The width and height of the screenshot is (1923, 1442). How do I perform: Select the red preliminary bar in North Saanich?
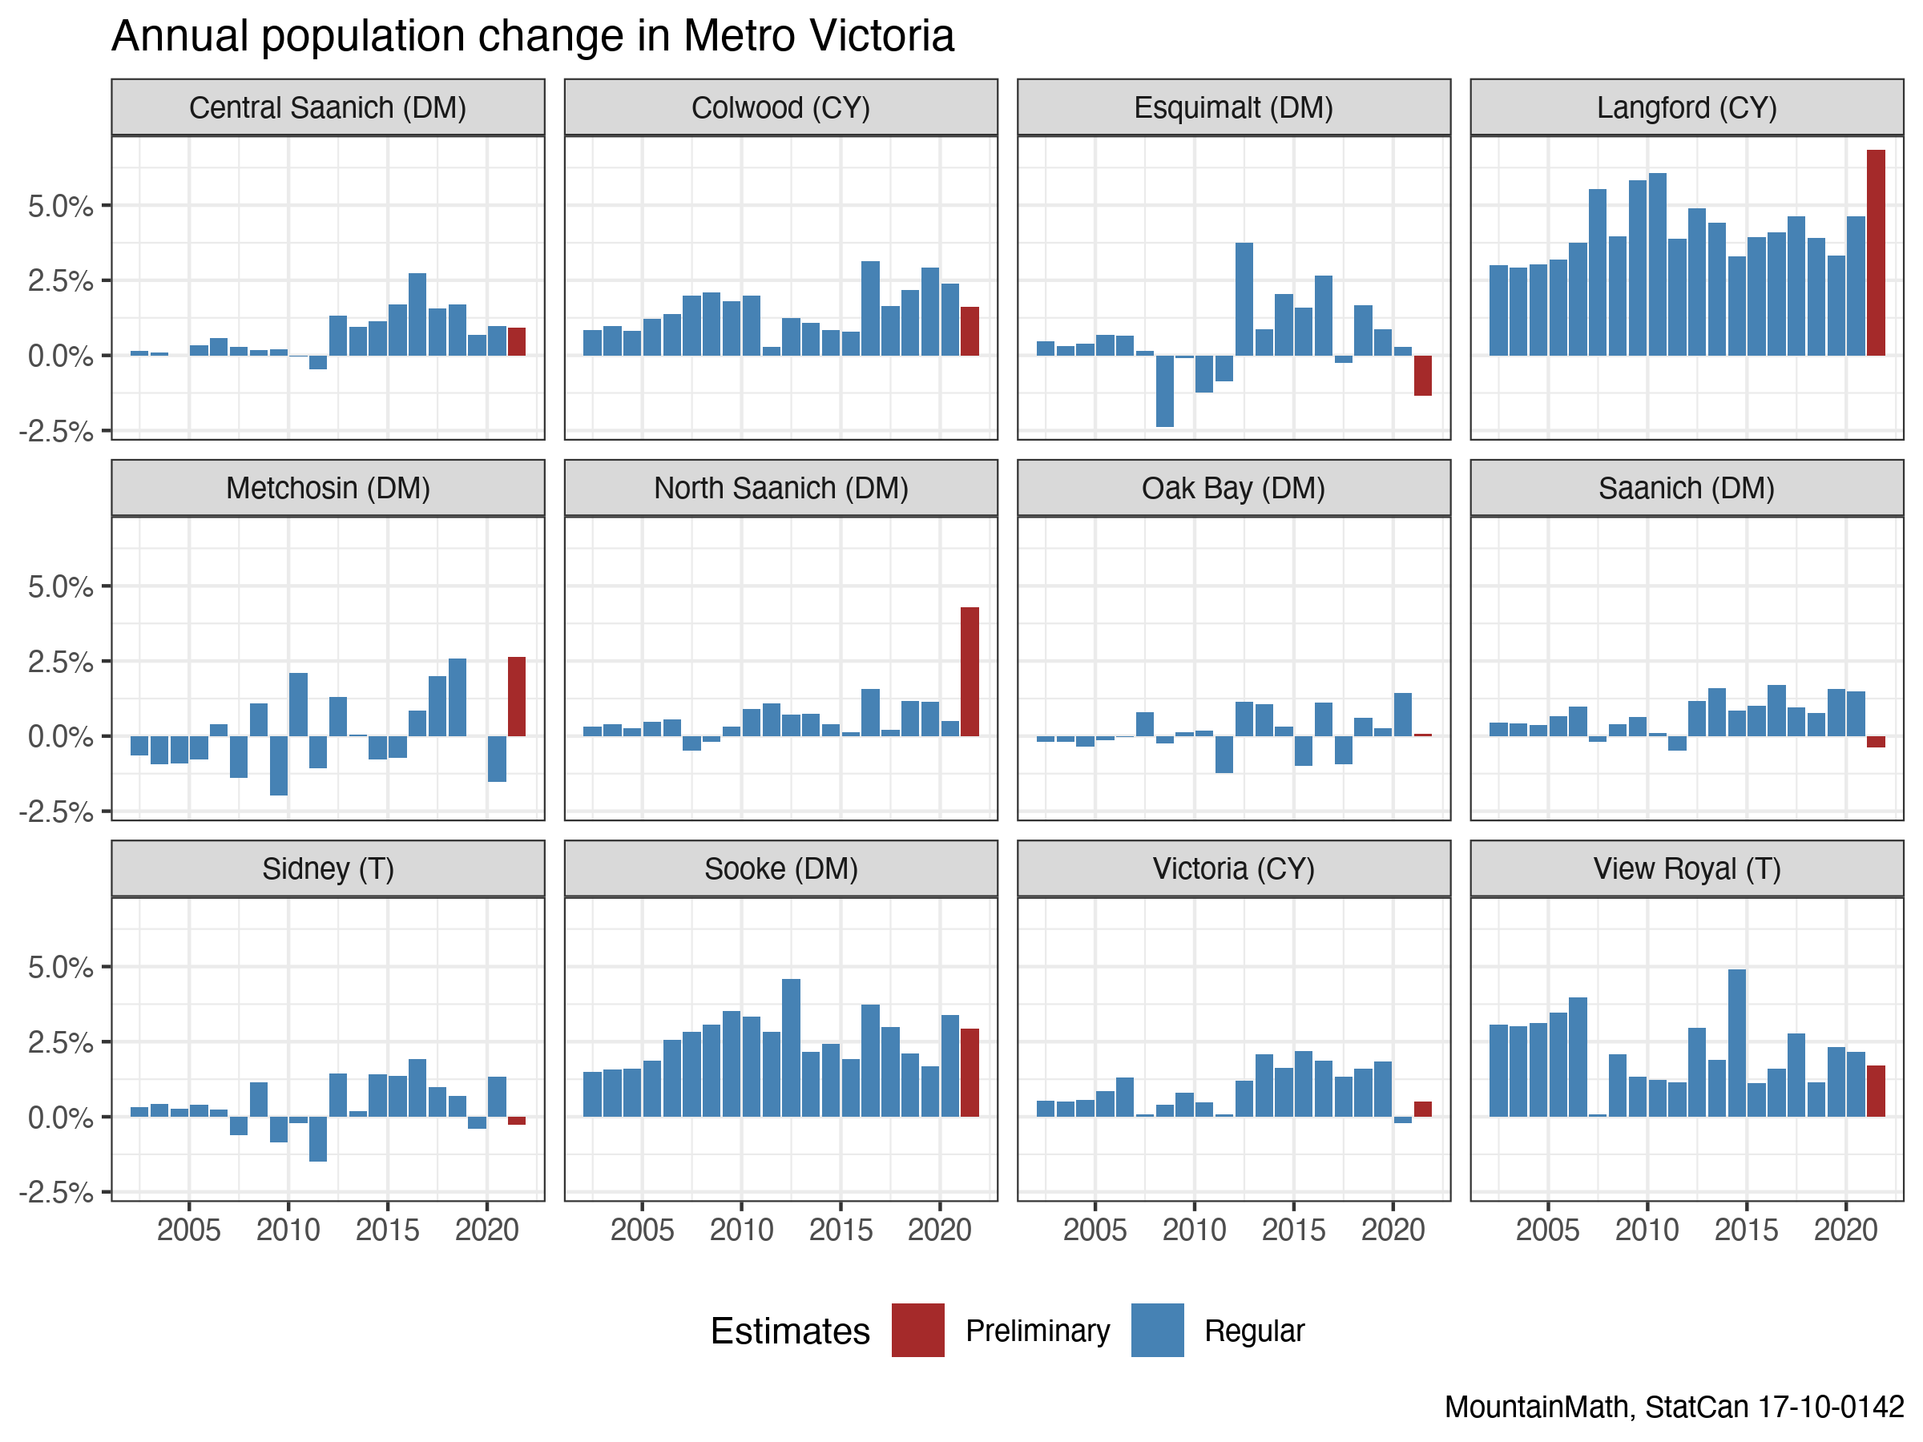click(x=970, y=671)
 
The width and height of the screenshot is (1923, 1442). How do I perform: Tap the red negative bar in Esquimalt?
click(x=1422, y=376)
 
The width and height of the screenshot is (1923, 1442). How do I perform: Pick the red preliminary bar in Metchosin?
click(x=516, y=696)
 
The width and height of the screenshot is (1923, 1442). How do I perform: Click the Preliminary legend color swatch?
click(x=917, y=1330)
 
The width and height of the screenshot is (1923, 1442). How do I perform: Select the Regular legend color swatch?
click(x=1157, y=1330)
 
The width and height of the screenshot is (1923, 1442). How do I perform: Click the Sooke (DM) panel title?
click(x=780, y=868)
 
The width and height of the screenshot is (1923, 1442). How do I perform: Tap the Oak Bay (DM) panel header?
click(x=1233, y=488)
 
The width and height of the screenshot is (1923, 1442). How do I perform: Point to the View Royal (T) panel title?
click(x=1686, y=868)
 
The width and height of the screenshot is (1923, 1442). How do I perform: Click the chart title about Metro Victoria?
click(x=532, y=37)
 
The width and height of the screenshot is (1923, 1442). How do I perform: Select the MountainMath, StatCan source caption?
click(x=1674, y=1407)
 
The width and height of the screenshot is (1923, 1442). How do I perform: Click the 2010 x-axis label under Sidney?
click(x=288, y=1230)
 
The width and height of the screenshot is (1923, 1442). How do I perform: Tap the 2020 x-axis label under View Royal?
click(x=1844, y=1230)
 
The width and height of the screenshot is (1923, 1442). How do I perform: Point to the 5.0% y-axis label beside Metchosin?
click(x=60, y=586)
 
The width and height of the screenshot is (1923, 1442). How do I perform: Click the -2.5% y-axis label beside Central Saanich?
click(x=57, y=431)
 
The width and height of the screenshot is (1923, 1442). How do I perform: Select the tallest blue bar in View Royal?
click(x=1736, y=1042)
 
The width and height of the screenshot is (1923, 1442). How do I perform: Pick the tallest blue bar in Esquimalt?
click(x=1244, y=299)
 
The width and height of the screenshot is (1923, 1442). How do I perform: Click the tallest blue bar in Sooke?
click(x=790, y=1047)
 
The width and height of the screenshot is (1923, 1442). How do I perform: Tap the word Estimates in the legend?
click(x=789, y=1331)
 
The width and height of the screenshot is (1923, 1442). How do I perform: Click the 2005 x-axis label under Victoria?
click(x=1095, y=1230)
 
